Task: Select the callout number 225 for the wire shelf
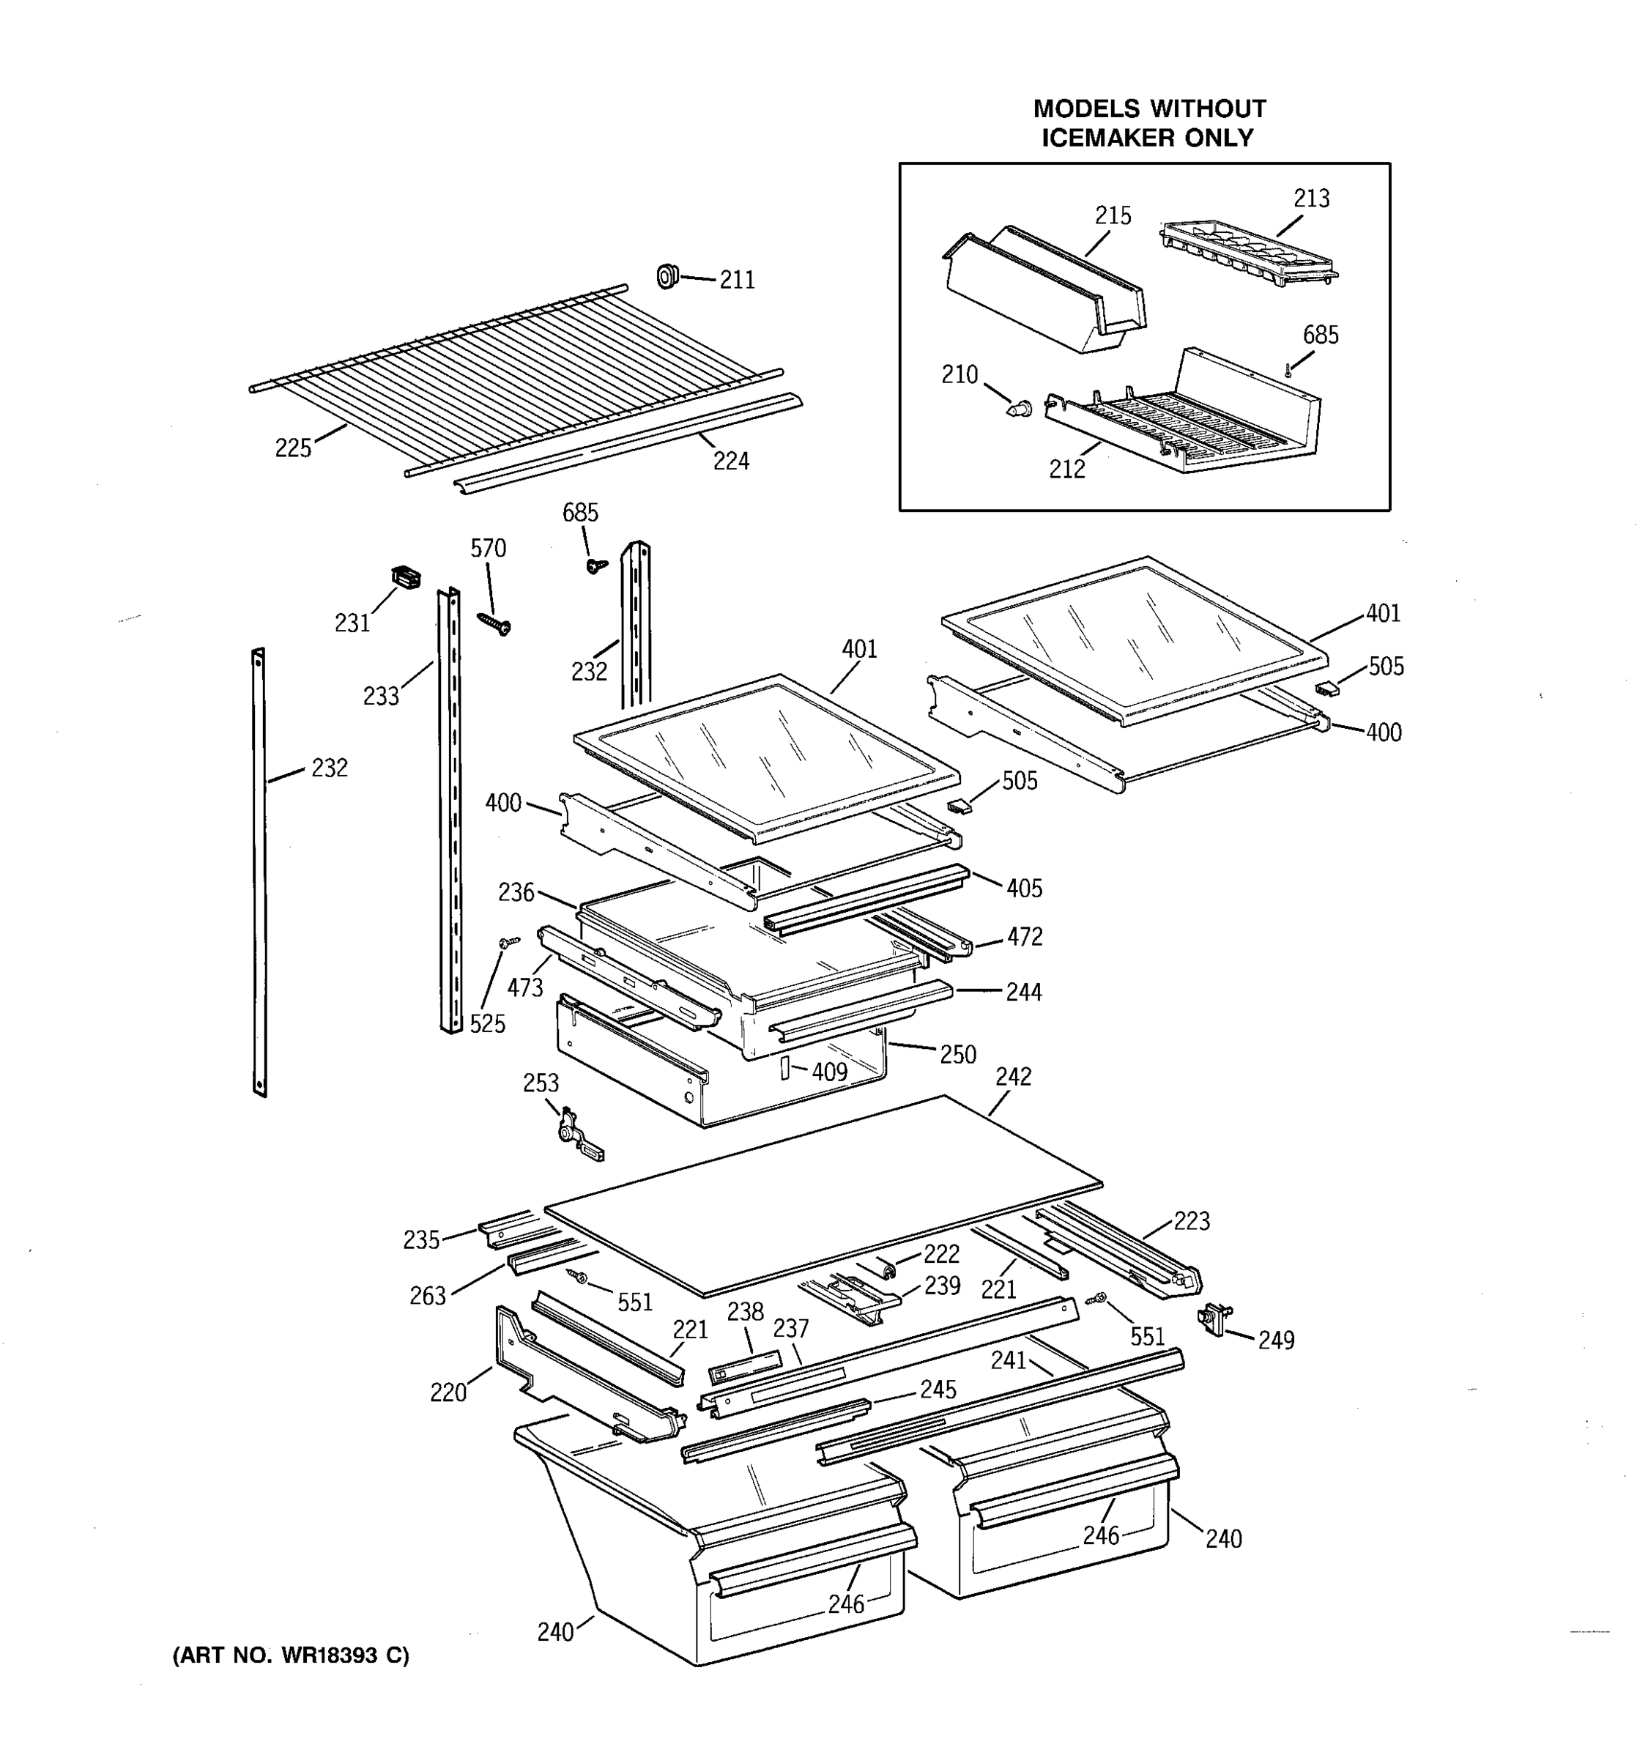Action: tap(293, 448)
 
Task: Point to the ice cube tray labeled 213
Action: tap(1248, 253)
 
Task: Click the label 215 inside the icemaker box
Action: tap(1113, 216)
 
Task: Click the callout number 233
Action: tap(381, 697)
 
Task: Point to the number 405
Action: tap(1024, 888)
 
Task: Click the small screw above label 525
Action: tap(509, 942)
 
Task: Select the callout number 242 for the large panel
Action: tap(1013, 1076)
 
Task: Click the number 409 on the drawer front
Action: tap(829, 1072)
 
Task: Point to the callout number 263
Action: tap(427, 1296)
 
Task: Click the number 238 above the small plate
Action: tap(746, 1311)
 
